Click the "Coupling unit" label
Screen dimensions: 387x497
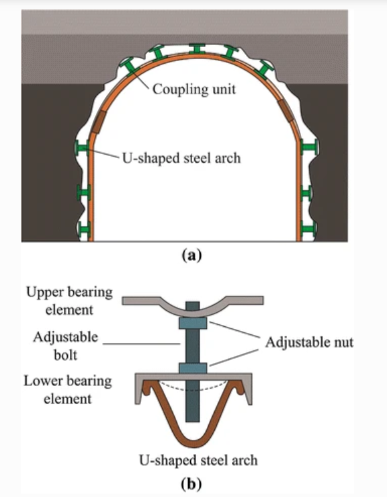pyautogui.click(x=193, y=89)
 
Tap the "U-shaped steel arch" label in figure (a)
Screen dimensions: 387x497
pyautogui.click(x=181, y=158)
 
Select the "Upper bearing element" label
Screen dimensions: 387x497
pyautogui.click(x=69, y=301)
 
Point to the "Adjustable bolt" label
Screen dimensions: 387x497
pyautogui.click(x=66, y=346)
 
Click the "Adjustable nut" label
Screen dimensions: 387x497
pyautogui.click(x=309, y=342)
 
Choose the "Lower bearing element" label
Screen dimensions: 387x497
pyautogui.click(x=68, y=389)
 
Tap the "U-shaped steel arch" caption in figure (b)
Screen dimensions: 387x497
pyautogui.click(x=198, y=460)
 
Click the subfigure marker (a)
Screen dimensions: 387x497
pyautogui.click(x=191, y=255)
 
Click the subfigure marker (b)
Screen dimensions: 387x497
pyautogui.click(x=191, y=484)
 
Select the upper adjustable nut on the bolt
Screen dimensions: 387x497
pyautogui.click(x=193, y=323)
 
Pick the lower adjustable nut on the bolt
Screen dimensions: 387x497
pyautogui.click(x=193, y=368)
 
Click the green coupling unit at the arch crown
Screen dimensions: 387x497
pyautogui.click(x=197, y=48)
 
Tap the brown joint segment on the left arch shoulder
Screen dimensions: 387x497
pyautogui.click(x=99, y=122)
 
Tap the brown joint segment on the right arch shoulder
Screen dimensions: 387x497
pyautogui.click(x=286, y=110)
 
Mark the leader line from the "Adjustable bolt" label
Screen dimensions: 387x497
pyautogui.click(x=142, y=344)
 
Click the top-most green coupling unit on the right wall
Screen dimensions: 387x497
pyautogui.click(x=309, y=147)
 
